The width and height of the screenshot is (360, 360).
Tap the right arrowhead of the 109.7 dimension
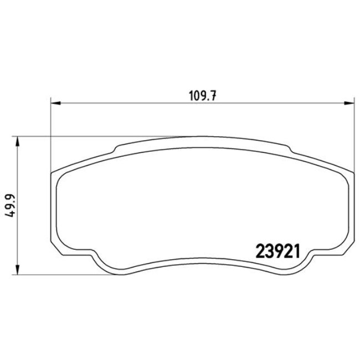coord(350,102)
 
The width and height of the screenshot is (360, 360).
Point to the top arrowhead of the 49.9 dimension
coord(20,141)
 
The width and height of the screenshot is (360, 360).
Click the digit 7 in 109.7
coord(211,95)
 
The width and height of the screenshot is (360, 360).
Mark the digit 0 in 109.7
coord(196,95)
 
